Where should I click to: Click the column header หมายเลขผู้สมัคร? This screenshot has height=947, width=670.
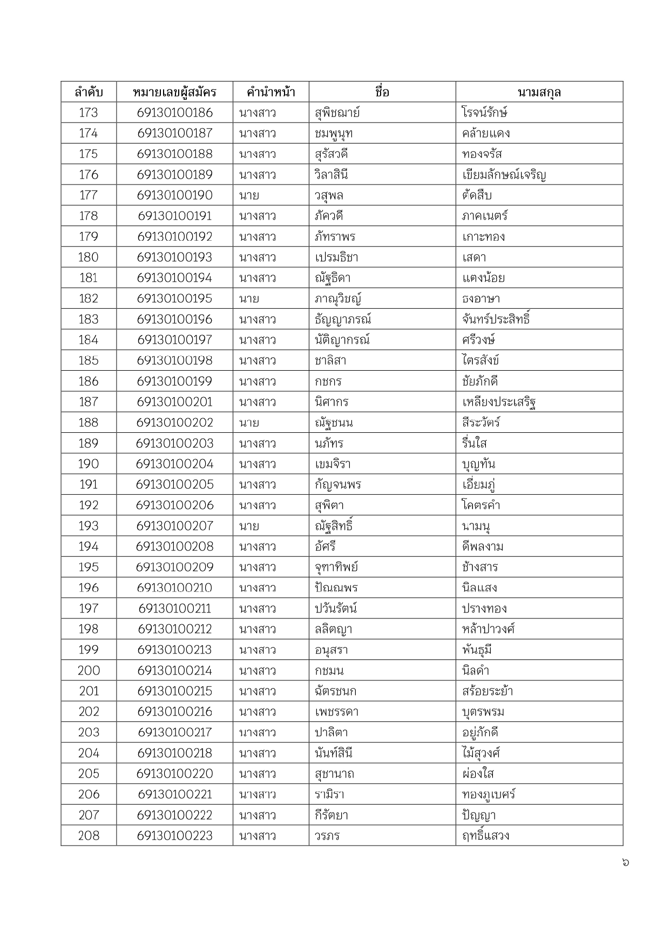click(174, 92)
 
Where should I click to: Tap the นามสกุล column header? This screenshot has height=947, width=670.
click(539, 92)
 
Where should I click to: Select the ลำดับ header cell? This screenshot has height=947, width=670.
click(89, 92)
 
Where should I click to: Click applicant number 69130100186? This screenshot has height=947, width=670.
click(174, 113)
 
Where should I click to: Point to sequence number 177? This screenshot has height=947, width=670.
click(89, 195)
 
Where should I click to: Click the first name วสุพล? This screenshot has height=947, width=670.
click(329, 195)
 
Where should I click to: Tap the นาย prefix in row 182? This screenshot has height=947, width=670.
click(249, 298)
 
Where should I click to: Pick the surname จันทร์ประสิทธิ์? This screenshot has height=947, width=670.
click(496, 319)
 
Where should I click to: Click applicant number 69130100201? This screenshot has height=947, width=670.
click(174, 402)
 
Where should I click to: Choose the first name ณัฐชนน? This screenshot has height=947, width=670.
click(334, 423)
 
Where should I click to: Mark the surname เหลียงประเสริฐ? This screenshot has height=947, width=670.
click(498, 402)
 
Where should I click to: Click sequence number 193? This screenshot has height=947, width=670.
click(89, 526)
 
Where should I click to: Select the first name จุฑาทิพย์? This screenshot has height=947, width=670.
click(336, 567)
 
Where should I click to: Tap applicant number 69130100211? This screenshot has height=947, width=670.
click(174, 609)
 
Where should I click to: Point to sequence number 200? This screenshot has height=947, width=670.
click(89, 670)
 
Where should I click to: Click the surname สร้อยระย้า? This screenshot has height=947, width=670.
click(487, 691)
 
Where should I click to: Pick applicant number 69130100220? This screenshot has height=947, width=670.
click(174, 773)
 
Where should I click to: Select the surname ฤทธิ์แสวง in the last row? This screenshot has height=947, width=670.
click(485, 835)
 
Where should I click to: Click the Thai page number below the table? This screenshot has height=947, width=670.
click(625, 862)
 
